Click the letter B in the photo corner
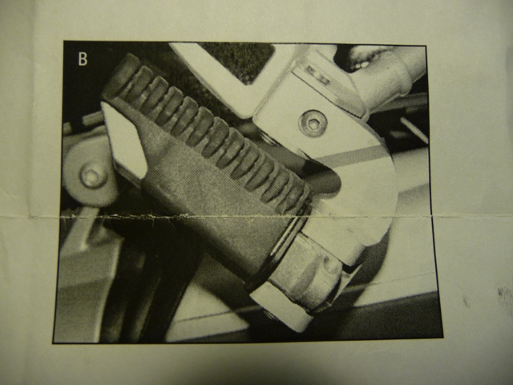[x=83, y=59]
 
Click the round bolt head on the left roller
[x=91, y=176]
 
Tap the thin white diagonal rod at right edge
[x=414, y=128]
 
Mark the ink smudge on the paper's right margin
[x=505, y=296]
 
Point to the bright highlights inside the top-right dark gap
[x=364, y=59]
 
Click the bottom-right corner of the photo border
[x=443, y=337]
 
